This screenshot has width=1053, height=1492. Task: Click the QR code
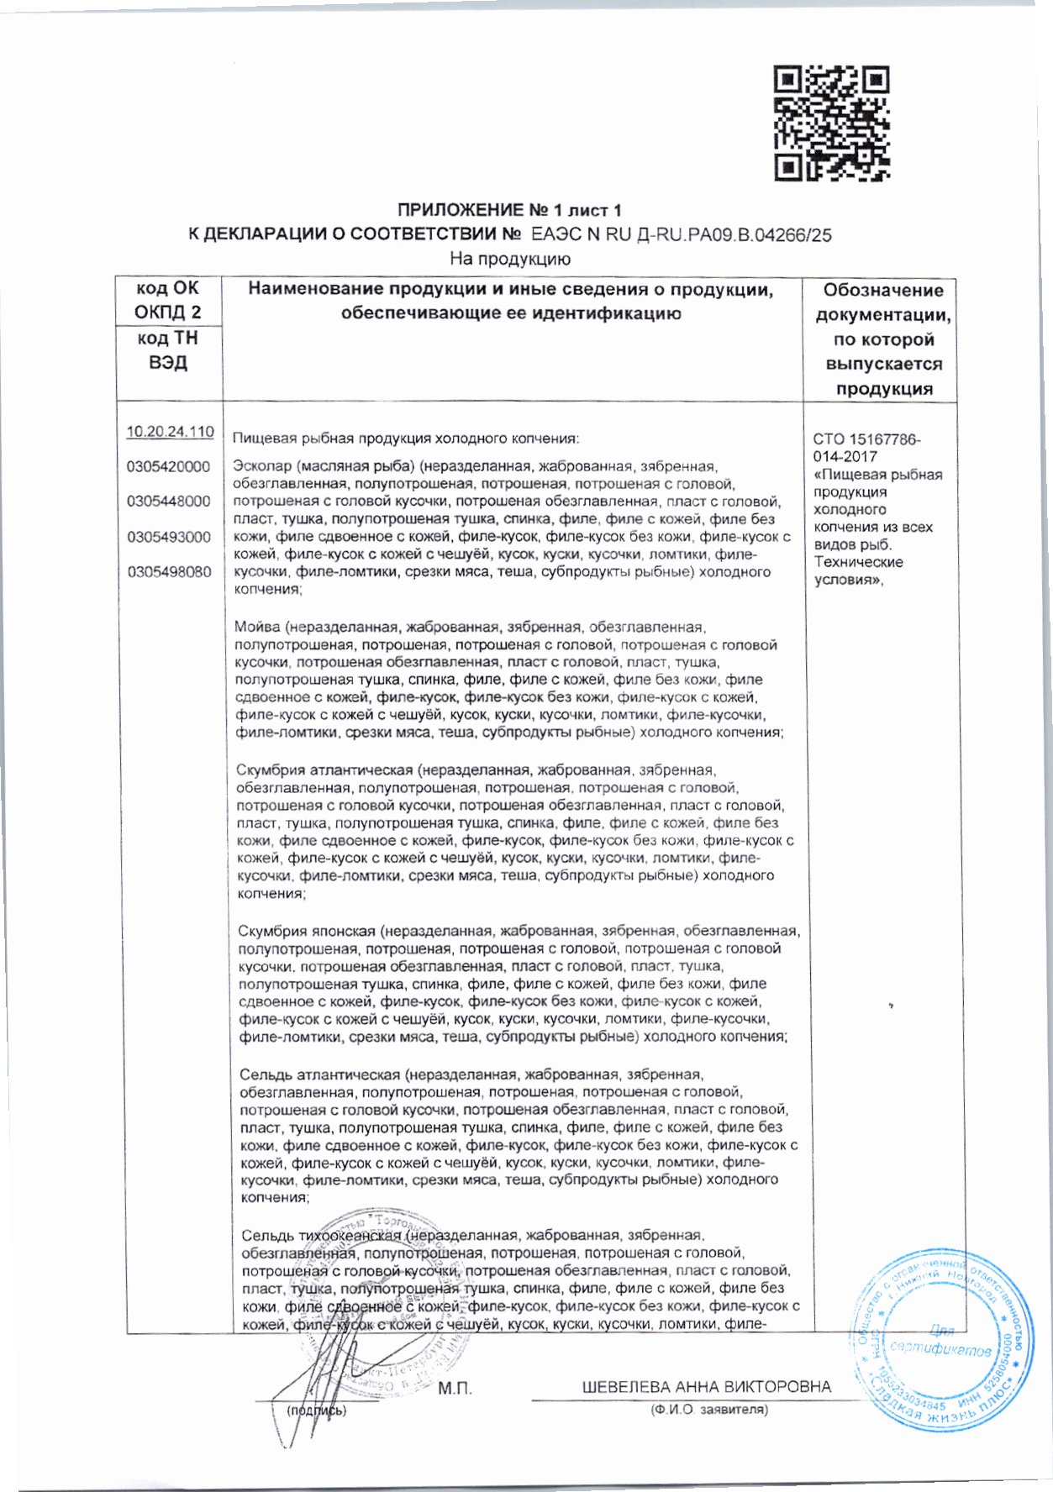point(831,123)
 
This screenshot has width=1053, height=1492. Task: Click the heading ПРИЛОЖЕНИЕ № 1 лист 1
point(509,211)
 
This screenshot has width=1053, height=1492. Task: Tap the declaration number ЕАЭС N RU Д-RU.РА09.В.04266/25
point(682,236)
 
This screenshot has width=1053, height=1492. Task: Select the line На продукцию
point(510,259)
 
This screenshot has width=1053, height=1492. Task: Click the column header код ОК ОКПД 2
point(169,301)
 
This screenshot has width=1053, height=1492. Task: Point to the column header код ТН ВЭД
point(169,351)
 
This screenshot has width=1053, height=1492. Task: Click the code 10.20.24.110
point(170,432)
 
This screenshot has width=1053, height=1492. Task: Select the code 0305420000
point(169,467)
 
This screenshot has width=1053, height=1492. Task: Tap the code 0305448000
point(169,502)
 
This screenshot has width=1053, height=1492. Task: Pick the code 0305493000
point(169,538)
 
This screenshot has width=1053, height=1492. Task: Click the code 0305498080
point(169,573)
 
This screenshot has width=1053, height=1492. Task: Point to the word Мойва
point(258,628)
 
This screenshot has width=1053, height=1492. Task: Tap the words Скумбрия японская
point(308,932)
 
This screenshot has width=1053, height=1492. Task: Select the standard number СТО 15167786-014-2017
point(867,449)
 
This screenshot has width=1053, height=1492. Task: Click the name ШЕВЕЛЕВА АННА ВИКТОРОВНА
point(707,1387)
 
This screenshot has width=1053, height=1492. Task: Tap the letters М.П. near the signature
point(455,1387)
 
